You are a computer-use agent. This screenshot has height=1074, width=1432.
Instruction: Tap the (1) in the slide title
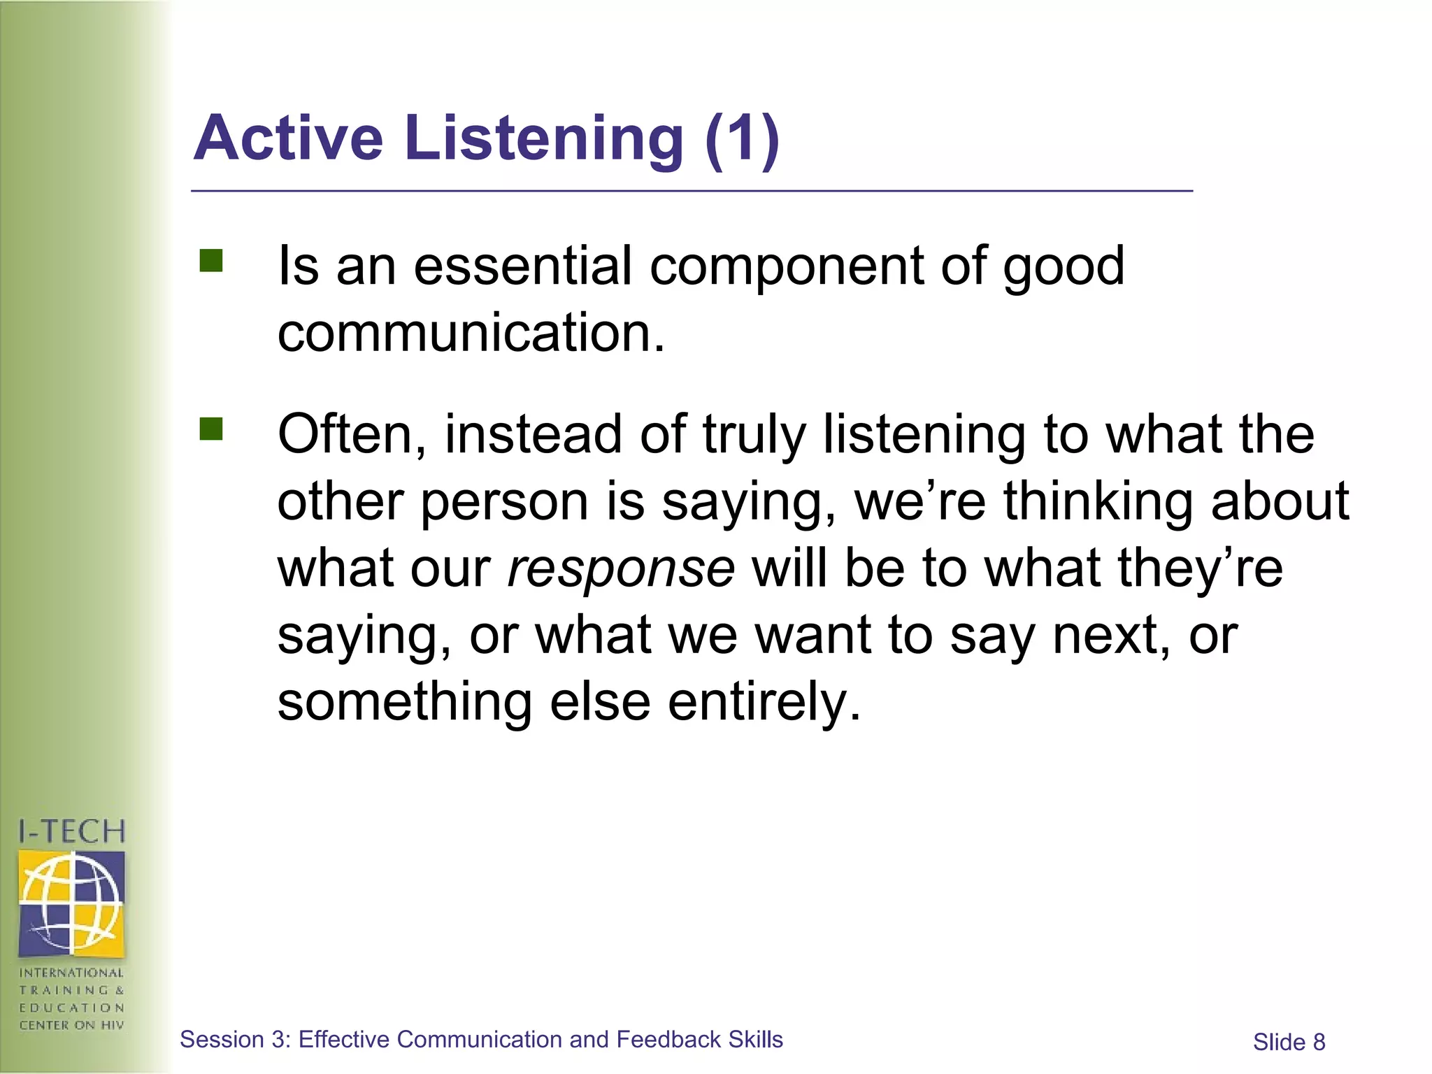point(742,139)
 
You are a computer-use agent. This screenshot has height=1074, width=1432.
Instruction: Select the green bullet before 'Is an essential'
point(210,261)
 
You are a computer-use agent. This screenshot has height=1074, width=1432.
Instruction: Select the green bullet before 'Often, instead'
point(210,429)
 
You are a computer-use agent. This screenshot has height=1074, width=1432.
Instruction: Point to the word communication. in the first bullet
point(471,334)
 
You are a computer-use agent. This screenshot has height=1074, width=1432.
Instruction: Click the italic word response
point(621,568)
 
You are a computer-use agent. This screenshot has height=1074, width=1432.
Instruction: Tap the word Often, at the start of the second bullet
point(352,435)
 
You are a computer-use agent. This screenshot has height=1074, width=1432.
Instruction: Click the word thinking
point(1098,502)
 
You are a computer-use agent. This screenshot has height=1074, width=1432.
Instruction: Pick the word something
point(405,702)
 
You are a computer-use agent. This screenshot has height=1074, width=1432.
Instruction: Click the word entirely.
point(764,703)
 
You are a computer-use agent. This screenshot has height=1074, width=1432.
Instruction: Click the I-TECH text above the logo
point(72,831)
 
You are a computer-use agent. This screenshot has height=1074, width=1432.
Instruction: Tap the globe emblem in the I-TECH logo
point(72,902)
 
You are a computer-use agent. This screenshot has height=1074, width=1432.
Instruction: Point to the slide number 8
point(1318,1043)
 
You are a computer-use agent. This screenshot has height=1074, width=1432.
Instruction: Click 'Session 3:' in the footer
point(235,1040)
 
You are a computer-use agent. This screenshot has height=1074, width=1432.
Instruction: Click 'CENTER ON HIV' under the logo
point(72,1025)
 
